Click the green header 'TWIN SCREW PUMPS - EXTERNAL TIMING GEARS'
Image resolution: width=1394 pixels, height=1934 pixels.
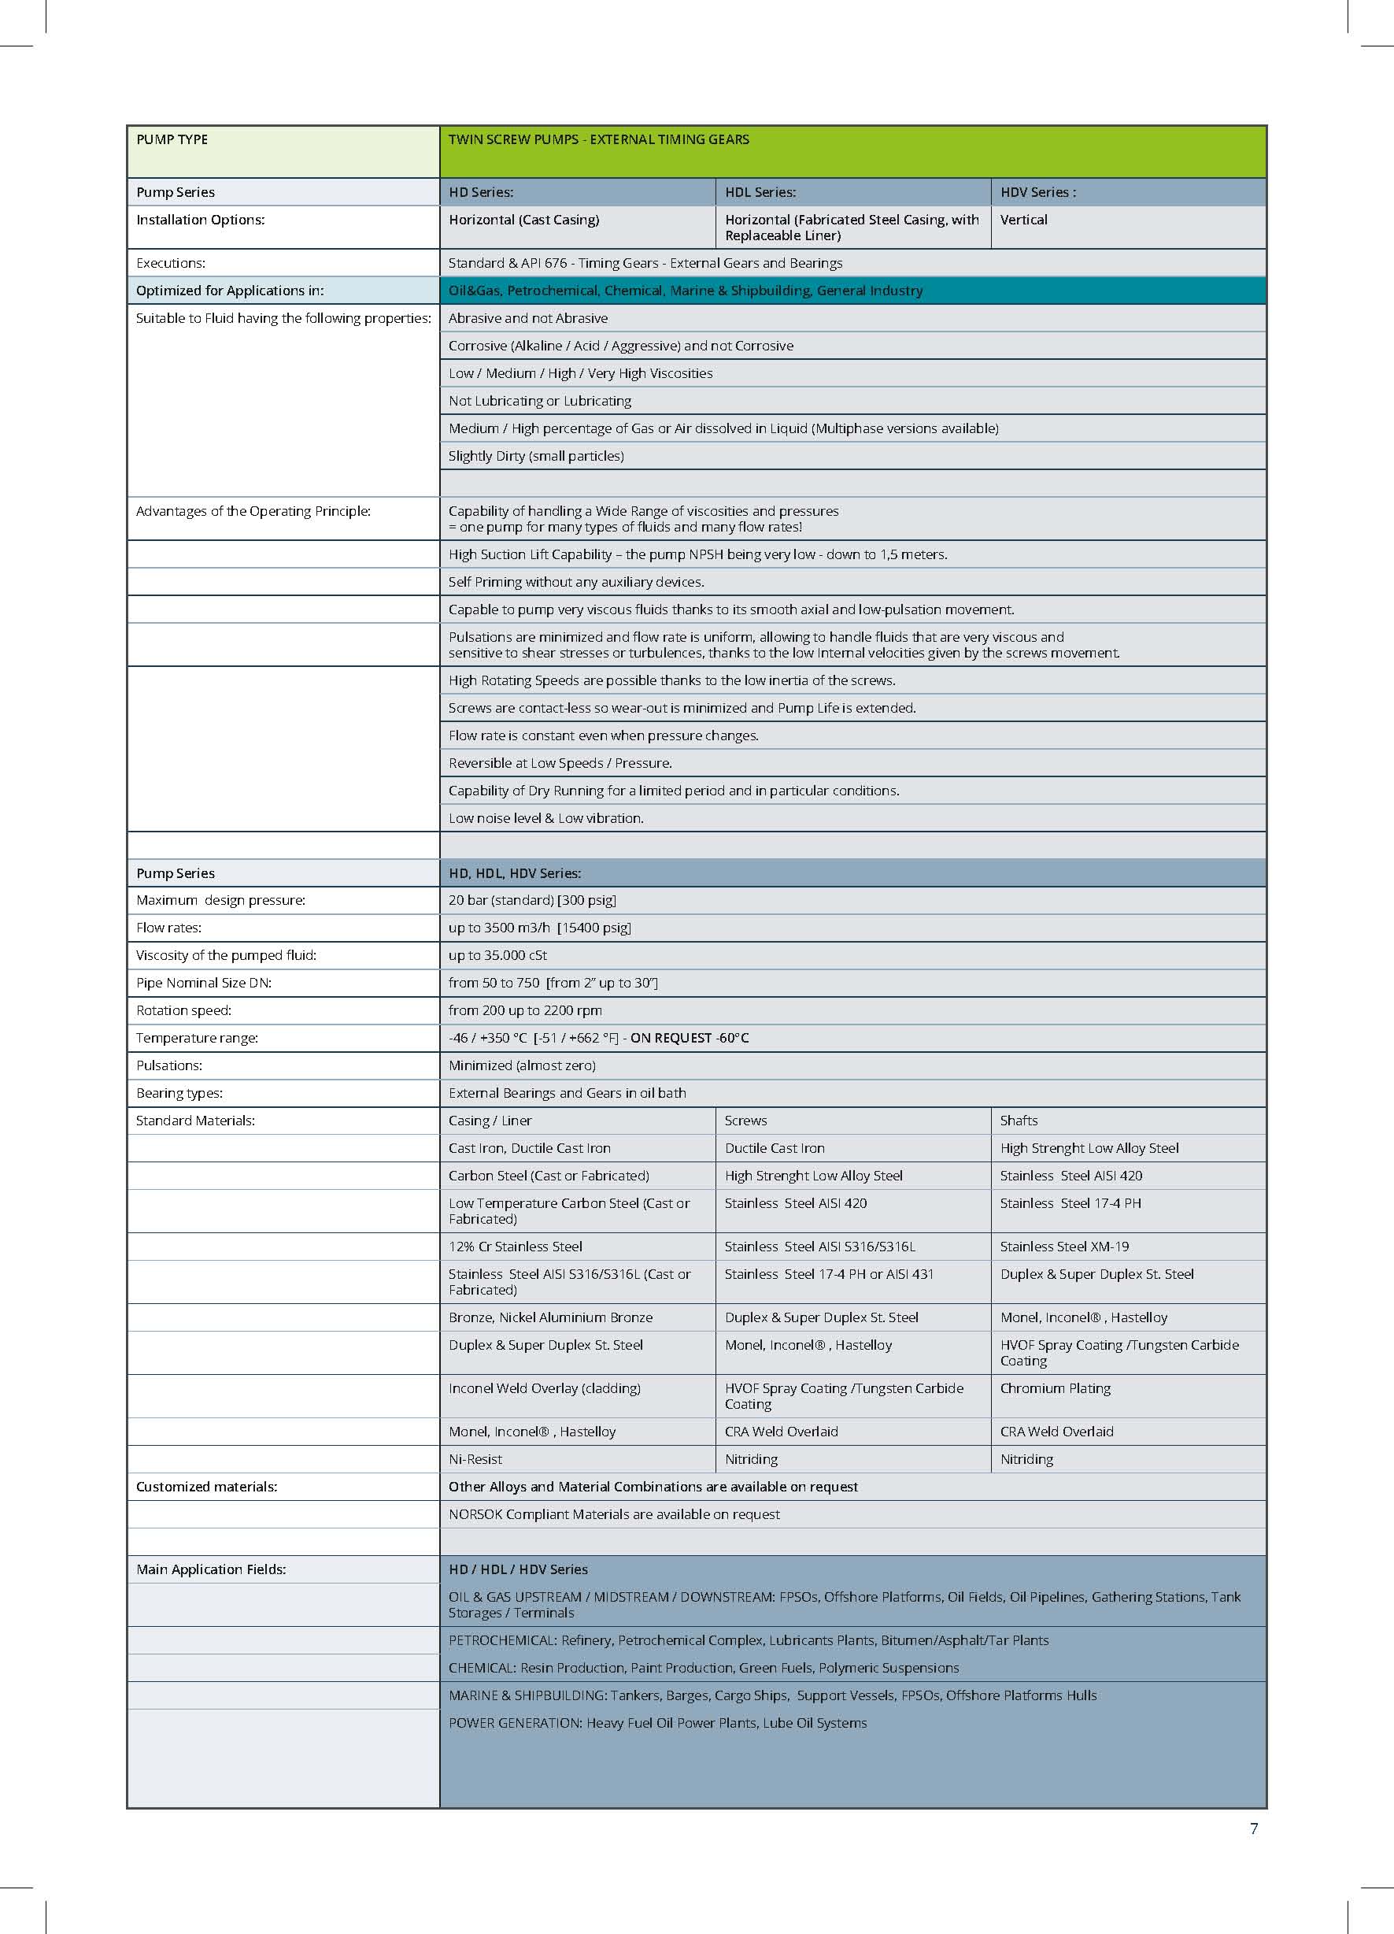(598, 140)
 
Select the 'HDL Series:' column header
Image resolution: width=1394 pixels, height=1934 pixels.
(760, 193)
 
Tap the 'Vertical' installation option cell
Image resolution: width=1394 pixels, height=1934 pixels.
(1023, 220)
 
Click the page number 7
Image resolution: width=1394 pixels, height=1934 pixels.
(1253, 1828)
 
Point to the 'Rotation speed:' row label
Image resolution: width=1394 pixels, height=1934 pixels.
(183, 1010)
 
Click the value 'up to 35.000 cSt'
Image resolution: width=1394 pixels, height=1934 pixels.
(498, 956)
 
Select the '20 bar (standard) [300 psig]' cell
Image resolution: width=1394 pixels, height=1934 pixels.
(532, 901)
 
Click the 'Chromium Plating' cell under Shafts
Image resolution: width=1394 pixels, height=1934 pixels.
(1055, 1388)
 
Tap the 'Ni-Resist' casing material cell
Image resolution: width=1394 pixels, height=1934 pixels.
(475, 1459)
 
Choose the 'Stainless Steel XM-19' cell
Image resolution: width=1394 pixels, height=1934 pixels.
(1064, 1247)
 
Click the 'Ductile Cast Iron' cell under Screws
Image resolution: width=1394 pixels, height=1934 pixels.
(775, 1149)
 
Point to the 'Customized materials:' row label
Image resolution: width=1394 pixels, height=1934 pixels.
(206, 1486)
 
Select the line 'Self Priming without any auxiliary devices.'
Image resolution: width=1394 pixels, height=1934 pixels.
(576, 583)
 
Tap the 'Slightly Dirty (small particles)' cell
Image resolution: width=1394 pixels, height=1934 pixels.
(536, 456)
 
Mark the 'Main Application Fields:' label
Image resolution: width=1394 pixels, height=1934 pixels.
(211, 1569)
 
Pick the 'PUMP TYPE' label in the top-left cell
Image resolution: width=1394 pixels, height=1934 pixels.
(172, 140)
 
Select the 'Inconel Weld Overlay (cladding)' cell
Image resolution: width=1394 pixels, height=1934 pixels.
(544, 1388)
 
